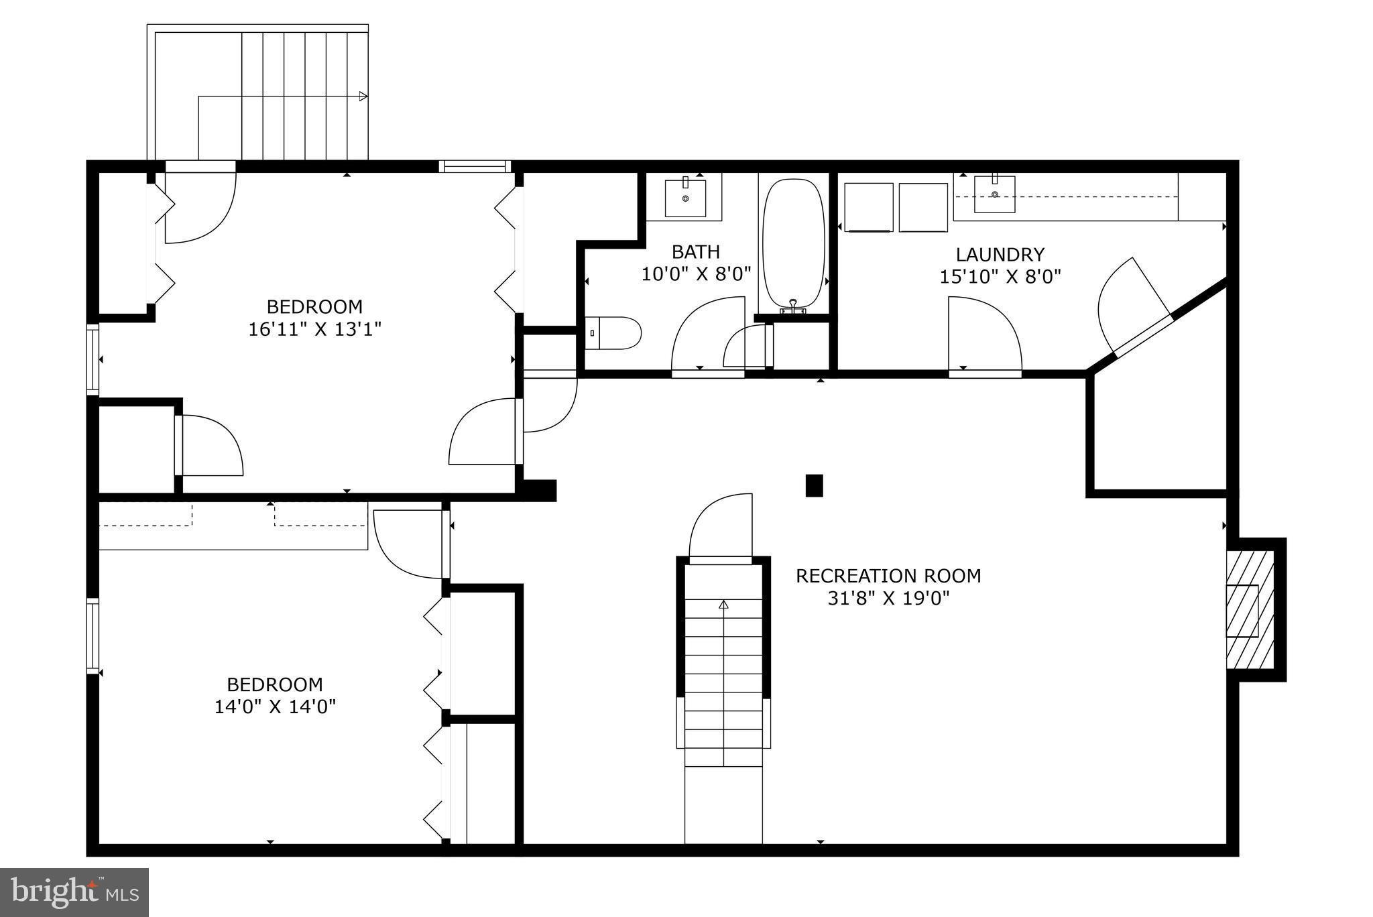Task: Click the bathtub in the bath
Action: (794, 243)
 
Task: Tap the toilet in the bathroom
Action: (613, 333)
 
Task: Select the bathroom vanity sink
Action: (684, 198)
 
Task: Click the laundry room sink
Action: (994, 194)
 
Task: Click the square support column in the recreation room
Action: (814, 485)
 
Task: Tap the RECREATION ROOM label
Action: (888, 576)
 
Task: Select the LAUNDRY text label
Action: (1000, 255)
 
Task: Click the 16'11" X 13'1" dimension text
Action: (314, 329)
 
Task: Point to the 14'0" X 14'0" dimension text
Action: (275, 707)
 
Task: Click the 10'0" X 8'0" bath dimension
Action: (696, 274)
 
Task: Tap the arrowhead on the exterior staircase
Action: (363, 97)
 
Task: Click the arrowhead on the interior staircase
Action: (723, 604)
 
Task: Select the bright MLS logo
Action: (74, 892)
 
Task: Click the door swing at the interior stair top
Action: (721, 526)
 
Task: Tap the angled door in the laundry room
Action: (1133, 302)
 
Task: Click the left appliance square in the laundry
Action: (868, 207)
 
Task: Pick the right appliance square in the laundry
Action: (922, 207)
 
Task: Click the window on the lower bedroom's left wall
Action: (93, 635)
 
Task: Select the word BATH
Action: (696, 252)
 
